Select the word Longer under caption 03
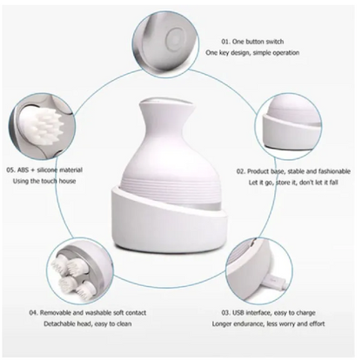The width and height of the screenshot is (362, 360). tap(225, 323)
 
